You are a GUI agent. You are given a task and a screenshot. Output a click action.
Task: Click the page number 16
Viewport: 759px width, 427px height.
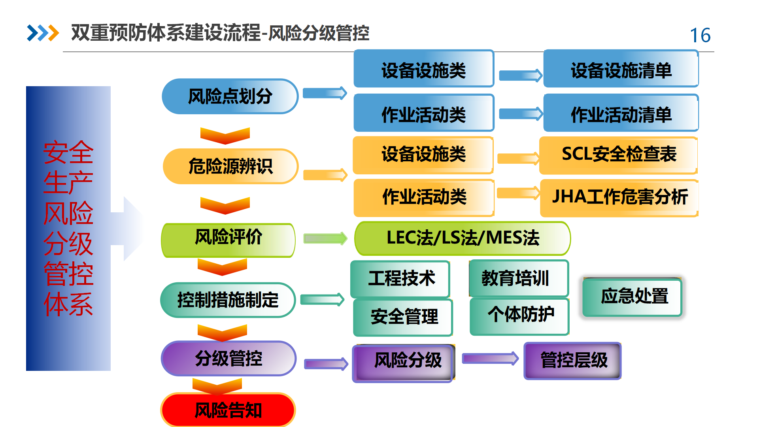(x=700, y=35)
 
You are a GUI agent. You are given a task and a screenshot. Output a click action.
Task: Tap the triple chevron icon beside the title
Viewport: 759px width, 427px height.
(x=43, y=33)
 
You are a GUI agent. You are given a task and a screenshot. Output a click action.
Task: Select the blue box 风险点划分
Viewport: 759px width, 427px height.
(x=230, y=96)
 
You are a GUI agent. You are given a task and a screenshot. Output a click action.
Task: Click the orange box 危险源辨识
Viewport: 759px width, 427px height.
(x=230, y=166)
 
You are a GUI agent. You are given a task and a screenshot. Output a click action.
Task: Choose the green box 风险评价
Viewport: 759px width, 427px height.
(x=228, y=240)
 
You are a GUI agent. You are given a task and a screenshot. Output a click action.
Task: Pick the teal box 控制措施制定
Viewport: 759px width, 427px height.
(x=228, y=300)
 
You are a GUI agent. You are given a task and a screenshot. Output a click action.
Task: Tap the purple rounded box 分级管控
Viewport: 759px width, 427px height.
(x=228, y=359)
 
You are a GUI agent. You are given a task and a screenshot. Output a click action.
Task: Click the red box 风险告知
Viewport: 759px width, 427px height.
(x=228, y=410)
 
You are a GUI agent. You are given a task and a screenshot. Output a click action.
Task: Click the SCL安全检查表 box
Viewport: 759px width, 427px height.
(x=619, y=155)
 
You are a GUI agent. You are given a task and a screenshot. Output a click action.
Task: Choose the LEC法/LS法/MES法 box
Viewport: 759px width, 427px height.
(x=463, y=238)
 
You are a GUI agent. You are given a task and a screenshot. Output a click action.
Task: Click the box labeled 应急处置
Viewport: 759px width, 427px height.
(x=632, y=297)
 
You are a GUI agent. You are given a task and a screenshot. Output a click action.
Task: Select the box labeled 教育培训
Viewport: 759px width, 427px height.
(x=519, y=278)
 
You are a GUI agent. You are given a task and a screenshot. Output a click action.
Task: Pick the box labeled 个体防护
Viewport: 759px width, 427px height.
(x=519, y=316)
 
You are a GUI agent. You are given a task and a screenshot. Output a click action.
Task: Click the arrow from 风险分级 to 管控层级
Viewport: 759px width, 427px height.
(x=491, y=359)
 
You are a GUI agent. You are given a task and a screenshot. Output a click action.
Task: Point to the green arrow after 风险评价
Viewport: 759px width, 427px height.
(x=325, y=238)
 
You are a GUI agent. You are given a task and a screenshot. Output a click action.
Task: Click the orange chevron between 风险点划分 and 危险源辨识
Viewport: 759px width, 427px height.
(x=225, y=136)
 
